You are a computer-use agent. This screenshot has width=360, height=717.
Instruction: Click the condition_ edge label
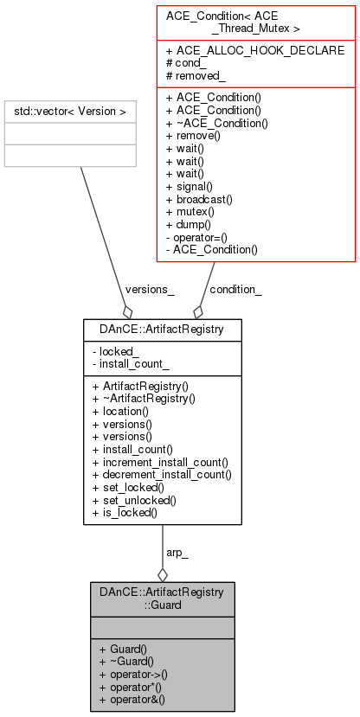236,290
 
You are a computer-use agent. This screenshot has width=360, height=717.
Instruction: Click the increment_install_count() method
159,463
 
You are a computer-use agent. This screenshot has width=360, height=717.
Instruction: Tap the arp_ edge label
177,552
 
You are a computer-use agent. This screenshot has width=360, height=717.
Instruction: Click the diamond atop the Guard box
162,573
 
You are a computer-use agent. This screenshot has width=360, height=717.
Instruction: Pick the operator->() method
132,673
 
